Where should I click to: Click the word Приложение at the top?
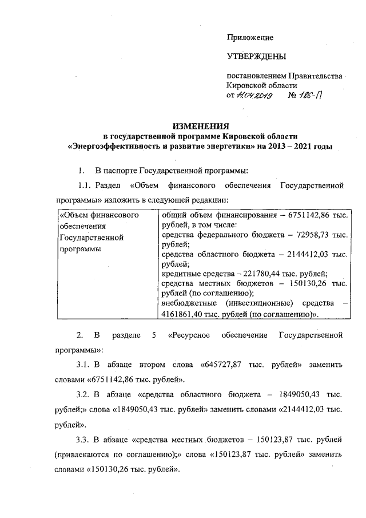[x=250, y=37]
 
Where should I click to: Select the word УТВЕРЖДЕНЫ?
[x=256, y=57]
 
